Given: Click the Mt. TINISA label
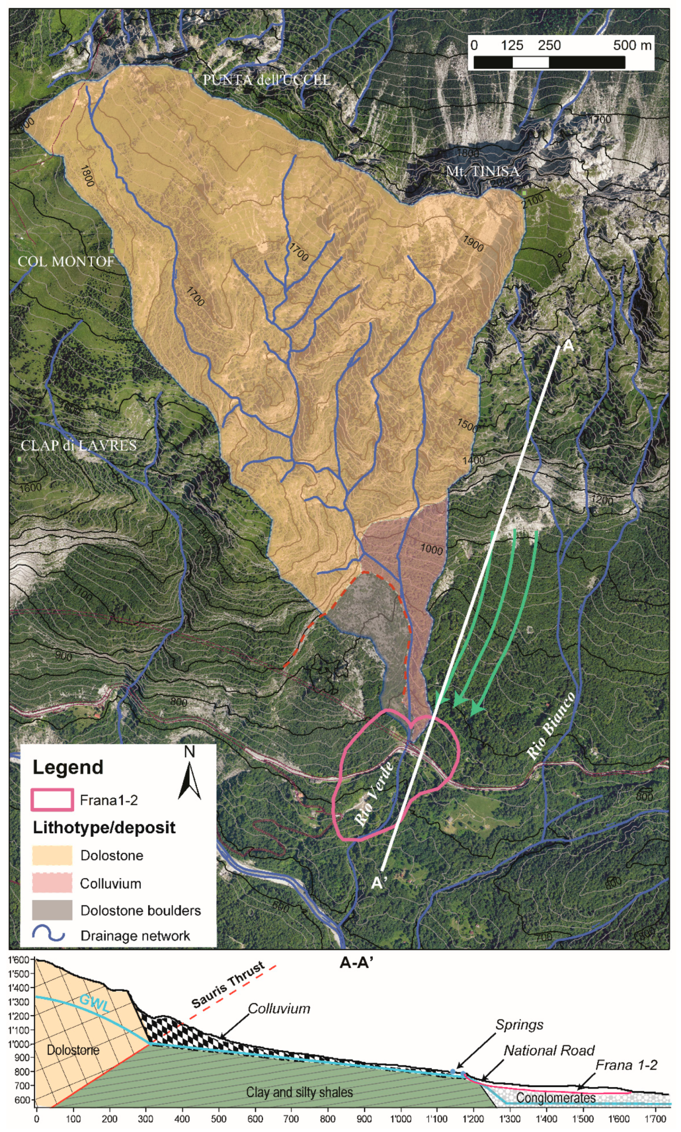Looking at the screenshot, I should [x=483, y=171].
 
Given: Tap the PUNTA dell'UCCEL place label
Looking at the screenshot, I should [x=267, y=80].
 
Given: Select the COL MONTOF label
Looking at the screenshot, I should [x=66, y=261].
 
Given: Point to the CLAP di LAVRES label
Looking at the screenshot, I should [x=78, y=445].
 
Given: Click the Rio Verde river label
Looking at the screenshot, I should [x=374, y=794].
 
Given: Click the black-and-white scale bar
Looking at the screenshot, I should [x=549, y=62].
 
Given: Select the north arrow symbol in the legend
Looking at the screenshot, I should [x=190, y=777].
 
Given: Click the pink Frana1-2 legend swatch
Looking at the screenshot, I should [x=52, y=800].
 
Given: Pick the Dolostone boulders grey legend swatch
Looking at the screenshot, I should [x=52, y=910].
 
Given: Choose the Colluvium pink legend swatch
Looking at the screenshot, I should [x=52, y=883].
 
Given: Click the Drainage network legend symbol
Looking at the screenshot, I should [x=49, y=935].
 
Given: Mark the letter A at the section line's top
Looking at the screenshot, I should [x=568, y=346].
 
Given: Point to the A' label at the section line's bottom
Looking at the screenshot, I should [x=379, y=883].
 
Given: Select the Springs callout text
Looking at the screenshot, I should [x=519, y=1025].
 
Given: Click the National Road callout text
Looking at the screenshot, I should [x=549, y=1051].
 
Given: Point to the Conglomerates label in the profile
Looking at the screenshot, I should [x=556, y=1098].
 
